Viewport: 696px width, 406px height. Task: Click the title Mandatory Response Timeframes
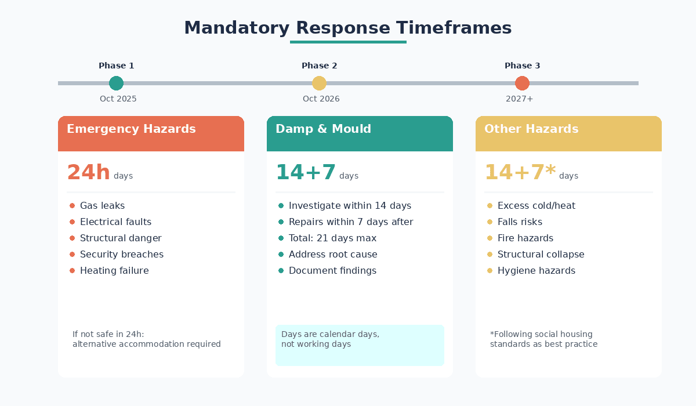pyautogui.click(x=347, y=28)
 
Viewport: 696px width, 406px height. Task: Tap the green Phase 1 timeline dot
pyautogui.click(x=116, y=83)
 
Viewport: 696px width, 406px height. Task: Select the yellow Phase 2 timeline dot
pyautogui.click(x=319, y=83)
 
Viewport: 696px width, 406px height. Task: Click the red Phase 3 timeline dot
pyautogui.click(x=522, y=83)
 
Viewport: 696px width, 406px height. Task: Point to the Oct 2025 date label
pyautogui.click(x=118, y=99)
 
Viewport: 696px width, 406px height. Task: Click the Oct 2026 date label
pyautogui.click(x=321, y=99)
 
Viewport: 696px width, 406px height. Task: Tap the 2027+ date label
pyautogui.click(x=519, y=99)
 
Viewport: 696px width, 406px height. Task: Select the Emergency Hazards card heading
pyautogui.click(x=131, y=129)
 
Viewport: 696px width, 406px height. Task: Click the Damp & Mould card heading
pyautogui.click(x=323, y=129)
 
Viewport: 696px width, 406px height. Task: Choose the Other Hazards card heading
pyautogui.click(x=531, y=129)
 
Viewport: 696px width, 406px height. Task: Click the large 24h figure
pyautogui.click(x=88, y=173)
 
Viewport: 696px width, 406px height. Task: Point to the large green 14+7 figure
pyautogui.click(x=306, y=173)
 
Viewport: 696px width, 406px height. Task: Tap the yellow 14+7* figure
pyautogui.click(x=520, y=173)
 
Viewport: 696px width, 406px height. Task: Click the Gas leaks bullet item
pyautogui.click(x=102, y=206)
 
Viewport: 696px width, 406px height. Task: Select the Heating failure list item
pyautogui.click(x=114, y=271)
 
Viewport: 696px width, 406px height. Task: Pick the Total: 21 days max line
pyautogui.click(x=332, y=238)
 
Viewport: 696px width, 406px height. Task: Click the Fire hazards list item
pyautogui.click(x=525, y=238)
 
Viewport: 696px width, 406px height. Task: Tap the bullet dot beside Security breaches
pyautogui.click(x=72, y=255)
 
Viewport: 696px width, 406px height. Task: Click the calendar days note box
pyautogui.click(x=360, y=345)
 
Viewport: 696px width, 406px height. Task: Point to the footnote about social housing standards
pyautogui.click(x=543, y=339)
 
